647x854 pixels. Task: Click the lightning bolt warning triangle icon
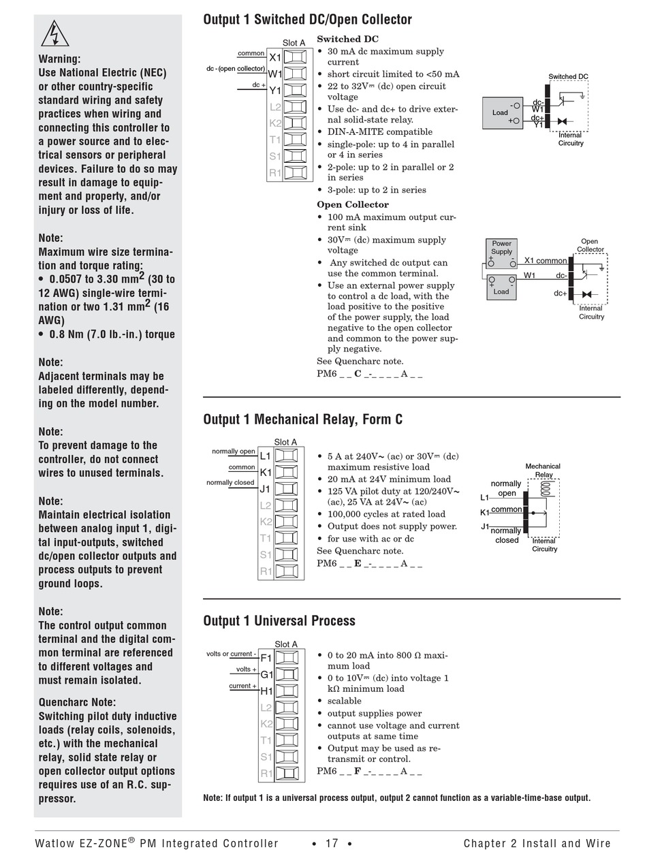[x=55, y=33]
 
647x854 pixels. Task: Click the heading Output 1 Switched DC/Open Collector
[x=307, y=20]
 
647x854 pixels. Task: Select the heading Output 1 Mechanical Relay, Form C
[x=302, y=420]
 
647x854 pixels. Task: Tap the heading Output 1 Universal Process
[x=279, y=620]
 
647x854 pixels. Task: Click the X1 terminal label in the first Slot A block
[x=274, y=57]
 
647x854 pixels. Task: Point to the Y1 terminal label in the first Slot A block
[x=274, y=91]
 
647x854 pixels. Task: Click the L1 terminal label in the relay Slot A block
[x=266, y=456]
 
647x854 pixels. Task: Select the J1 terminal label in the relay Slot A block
[x=266, y=489]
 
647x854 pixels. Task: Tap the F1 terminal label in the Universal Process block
[x=266, y=659]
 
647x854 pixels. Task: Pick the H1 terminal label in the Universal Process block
[x=266, y=691]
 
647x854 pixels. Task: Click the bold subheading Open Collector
[x=353, y=204]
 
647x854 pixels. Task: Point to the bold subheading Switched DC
[x=347, y=39]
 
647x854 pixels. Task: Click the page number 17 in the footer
[x=332, y=843]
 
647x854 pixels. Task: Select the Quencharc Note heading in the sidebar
[x=77, y=702]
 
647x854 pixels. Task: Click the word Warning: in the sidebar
[x=59, y=59]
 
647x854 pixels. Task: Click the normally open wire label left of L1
[x=234, y=451]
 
